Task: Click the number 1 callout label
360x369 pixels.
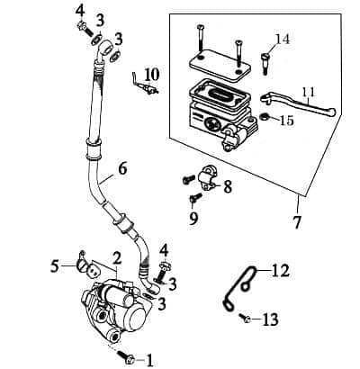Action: point(149,359)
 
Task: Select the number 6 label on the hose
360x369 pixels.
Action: point(122,167)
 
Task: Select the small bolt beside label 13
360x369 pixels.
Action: point(245,318)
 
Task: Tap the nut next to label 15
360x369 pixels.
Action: point(266,117)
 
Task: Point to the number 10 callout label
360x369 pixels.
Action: point(151,72)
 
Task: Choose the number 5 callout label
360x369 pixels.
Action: point(56,265)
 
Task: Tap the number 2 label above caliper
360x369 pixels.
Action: point(116,257)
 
